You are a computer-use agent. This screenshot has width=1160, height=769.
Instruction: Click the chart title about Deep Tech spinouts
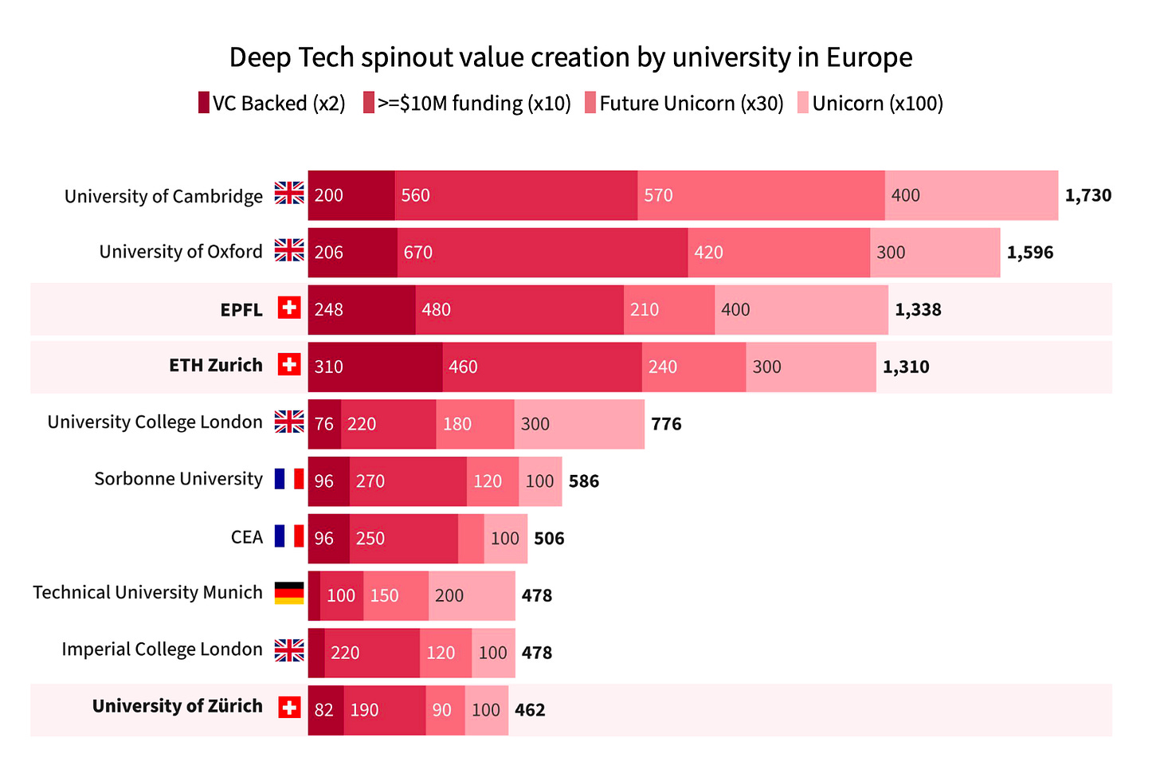tap(570, 57)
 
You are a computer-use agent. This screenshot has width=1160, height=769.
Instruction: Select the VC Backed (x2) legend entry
tap(272, 104)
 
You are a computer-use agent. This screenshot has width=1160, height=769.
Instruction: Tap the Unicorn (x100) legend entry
tap(870, 104)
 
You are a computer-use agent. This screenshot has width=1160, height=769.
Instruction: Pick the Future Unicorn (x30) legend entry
tap(684, 104)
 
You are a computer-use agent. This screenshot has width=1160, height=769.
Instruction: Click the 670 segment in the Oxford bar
tap(543, 253)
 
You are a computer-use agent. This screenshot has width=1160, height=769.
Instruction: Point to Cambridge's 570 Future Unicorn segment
tap(761, 195)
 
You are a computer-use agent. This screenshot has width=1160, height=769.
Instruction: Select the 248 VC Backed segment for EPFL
tap(362, 309)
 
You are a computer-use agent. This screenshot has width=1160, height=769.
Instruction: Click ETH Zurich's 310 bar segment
tap(375, 367)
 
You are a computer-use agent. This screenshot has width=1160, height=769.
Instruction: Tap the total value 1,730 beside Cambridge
tap(1087, 195)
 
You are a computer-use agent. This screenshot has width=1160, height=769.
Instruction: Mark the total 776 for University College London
tap(666, 424)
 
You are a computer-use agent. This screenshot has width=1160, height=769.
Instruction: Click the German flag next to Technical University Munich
tap(289, 593)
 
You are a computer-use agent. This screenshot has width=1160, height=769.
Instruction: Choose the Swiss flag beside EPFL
tap(289, 308)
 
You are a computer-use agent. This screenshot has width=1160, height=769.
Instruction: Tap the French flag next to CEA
tap(289, 536)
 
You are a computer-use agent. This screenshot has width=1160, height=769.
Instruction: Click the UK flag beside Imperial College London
tap(289, 650)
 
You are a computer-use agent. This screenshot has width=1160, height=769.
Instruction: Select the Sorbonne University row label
tap(178, 479)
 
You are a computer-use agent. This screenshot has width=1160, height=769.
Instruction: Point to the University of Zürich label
tap(177, 706)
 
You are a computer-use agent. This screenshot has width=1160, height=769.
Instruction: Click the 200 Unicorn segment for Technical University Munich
tap(472, 595)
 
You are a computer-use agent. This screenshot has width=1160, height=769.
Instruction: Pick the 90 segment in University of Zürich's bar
tap(445, 710)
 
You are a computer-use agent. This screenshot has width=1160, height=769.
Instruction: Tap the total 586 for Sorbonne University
tap(583, 481)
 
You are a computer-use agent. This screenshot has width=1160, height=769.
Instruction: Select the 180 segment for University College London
tap(475, 424)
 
